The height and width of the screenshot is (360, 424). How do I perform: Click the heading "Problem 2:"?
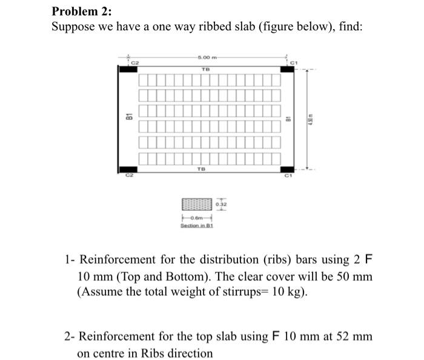tap(78, 11)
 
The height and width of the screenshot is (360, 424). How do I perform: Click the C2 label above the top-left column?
tap(136, 63)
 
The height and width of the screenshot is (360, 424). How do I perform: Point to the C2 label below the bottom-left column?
tap(128, 176)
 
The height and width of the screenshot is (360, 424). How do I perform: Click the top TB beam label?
tap(204, 70)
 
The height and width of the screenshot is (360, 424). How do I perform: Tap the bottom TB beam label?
tap(201, 170)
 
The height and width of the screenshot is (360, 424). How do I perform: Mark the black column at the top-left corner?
tap(128, 70)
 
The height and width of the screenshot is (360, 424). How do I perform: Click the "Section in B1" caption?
tap(194, 225)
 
